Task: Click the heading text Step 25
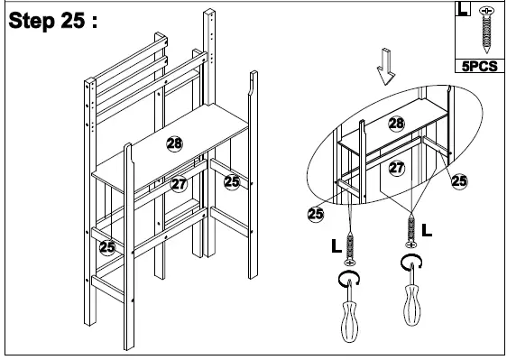tap(51, 22)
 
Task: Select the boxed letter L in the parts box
tap(463, 11)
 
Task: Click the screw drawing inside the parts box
tap(488, 31)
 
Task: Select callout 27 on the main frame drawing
tap(179, 184)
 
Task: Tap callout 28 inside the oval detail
tap(395, 124)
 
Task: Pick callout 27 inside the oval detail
tap(395, 168)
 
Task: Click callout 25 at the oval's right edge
tap(459, 181)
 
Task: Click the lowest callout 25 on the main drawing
tap(106, 245)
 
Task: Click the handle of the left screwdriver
tap(348, 320)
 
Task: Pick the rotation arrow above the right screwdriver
tap(410, 263)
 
